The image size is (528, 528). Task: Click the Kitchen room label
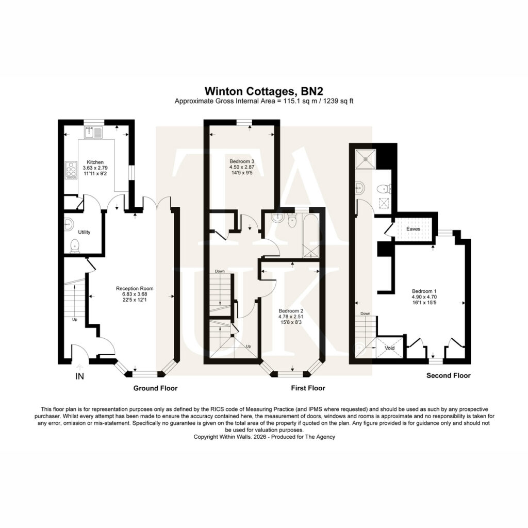pyautogui.click(x=95, y=162)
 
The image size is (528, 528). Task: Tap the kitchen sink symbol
pyautogui.click(x=93, y=133)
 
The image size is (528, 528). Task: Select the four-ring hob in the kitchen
pyautogui.click(x=71, y=170)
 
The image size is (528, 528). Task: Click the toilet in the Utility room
pyautogui.click(x=74, y=246)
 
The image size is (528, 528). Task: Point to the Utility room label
pyautogui.click(x=84, y=232)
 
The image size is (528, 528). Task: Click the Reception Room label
pyautogui.click(x=135, y=288)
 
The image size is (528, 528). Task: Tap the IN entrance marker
pyautogui.click(x=79, y=376)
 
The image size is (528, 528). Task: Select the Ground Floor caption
pyautogui.click(x=155, y=388)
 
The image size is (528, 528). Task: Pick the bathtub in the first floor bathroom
pyautogui.click(x=310, y=235)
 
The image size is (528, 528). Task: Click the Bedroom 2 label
pyautogui.click(x=291, y=311)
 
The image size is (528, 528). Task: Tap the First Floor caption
pyautogui.click(x=308, y=388)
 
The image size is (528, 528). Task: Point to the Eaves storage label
pyautogui.click(x=413, y=229)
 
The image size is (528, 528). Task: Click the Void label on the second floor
pyautogui.click(x=390, y=348)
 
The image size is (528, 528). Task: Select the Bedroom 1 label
pyautogui.click(x=424, y=291)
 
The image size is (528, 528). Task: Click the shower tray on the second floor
pyautogui.click(x=366, y=159)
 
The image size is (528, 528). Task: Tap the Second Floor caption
pyautogui.click(x=449, y=375)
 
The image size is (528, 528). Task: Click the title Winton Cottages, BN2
pyautogui.click(x=264, y=91)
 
